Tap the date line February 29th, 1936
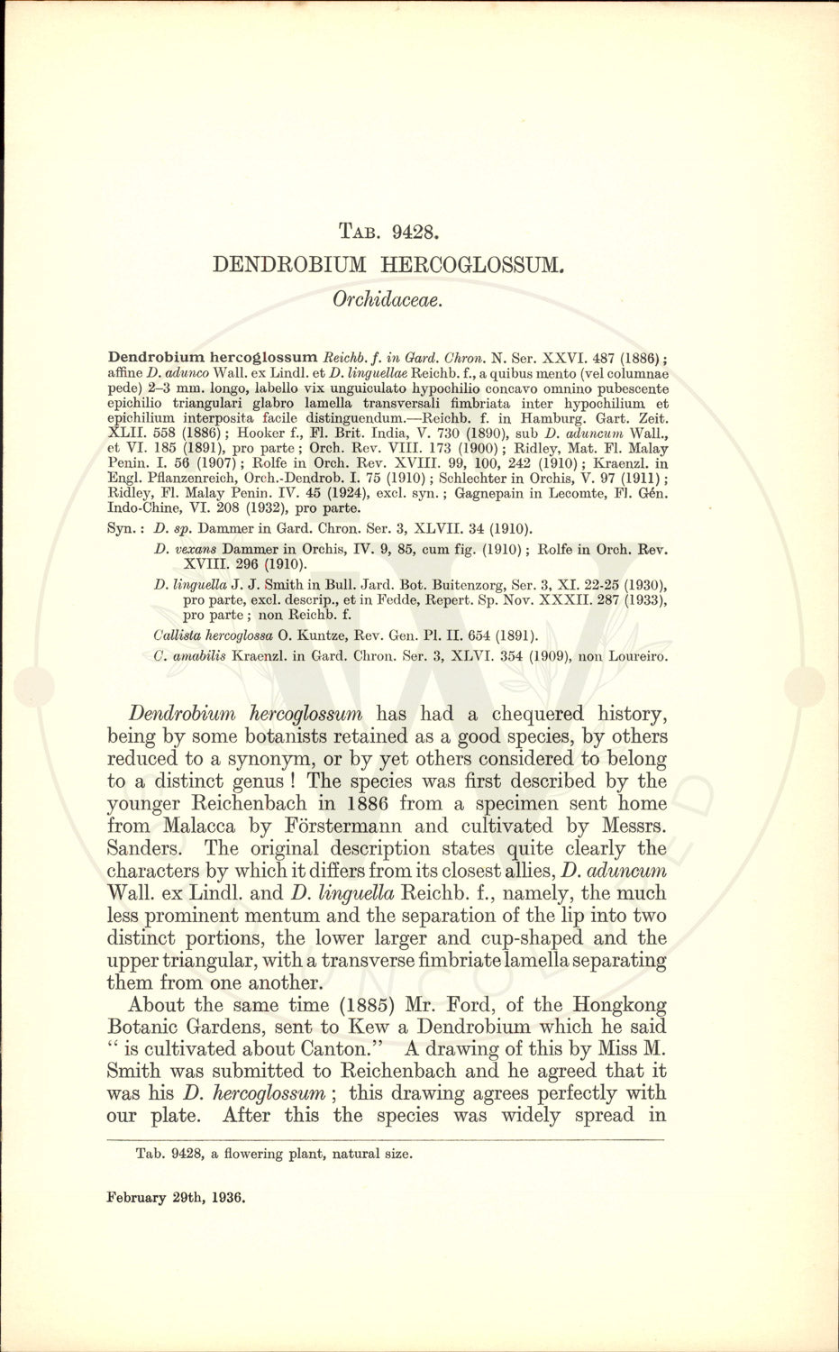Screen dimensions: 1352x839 (x=176, y=1198)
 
